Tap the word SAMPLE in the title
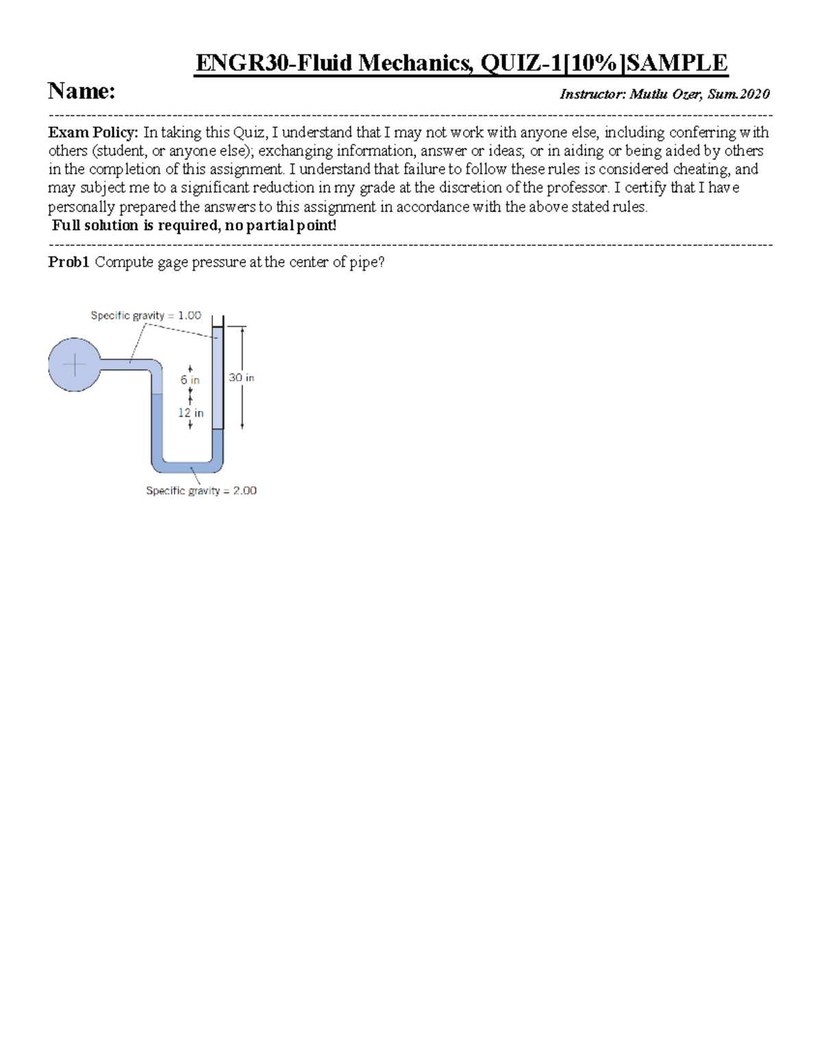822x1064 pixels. point(677,63)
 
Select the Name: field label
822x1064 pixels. point(81,91)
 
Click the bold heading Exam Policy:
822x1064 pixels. point(92,132)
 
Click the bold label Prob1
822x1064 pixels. point(68,262)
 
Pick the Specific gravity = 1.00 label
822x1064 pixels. point(146,316)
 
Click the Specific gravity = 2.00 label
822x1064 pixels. point(201,491)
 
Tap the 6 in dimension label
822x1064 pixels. point(190,380)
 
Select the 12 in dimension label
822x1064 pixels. point(190,412)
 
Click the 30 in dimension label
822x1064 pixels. point(241,378)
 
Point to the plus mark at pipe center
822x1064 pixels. point(74,365)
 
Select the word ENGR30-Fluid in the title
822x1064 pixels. point(276,63)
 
